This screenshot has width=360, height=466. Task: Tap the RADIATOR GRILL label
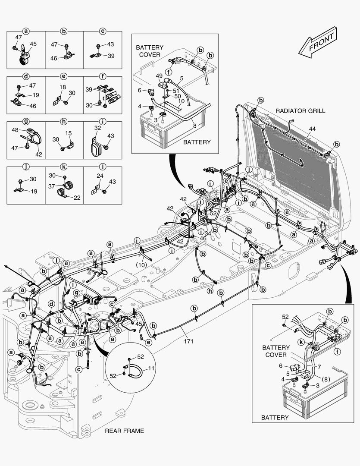[x=301, y=111]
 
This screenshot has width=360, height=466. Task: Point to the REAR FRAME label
[x=125, y=431]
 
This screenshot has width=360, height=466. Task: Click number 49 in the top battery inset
[x=160, y=75]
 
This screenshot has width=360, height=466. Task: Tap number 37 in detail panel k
[x=51, y=187]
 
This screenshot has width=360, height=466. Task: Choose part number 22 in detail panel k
[x=76, y=198]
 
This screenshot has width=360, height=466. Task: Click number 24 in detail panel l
[x=100, y=176]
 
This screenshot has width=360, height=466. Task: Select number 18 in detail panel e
[x=62, y=87]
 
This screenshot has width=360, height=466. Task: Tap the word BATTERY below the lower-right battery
[x=275, y=418]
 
